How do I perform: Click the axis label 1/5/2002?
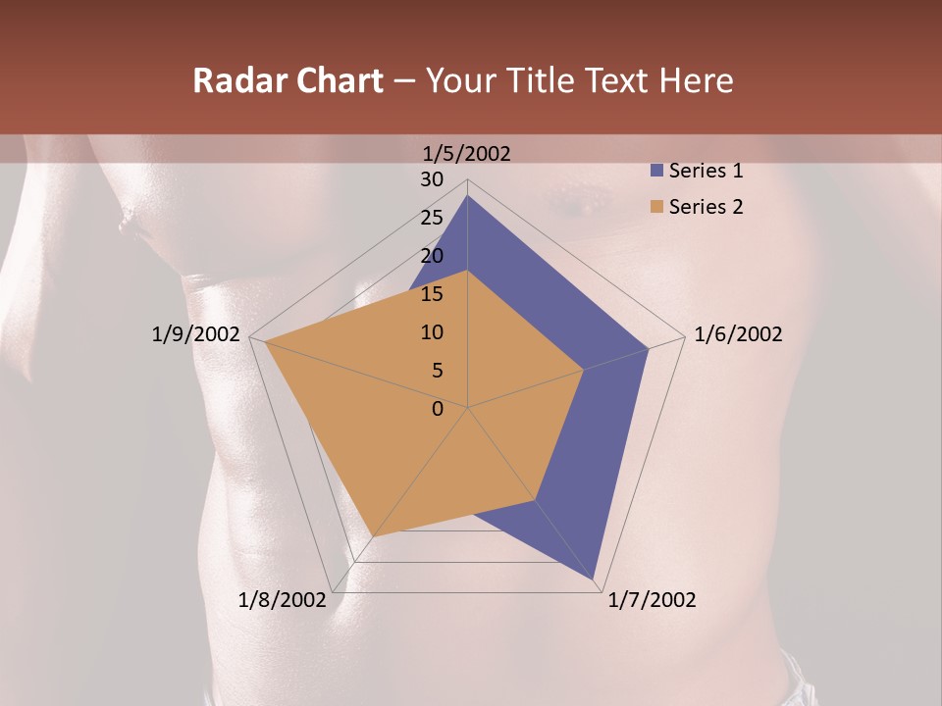467,154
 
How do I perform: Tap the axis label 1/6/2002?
738,334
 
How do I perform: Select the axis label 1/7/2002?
652,600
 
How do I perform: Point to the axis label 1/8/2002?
283,600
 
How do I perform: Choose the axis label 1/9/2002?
196,334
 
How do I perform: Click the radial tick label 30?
432,179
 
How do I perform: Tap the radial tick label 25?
432,218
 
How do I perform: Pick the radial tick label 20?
432,256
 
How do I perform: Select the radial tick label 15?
432,294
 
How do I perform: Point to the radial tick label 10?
432,332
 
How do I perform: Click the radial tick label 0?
438,409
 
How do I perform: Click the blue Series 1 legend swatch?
656,172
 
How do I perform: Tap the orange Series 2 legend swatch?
656,207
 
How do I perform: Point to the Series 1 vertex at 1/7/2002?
595,580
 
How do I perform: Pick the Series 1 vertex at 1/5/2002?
468,195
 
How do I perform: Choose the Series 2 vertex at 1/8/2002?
373,536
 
